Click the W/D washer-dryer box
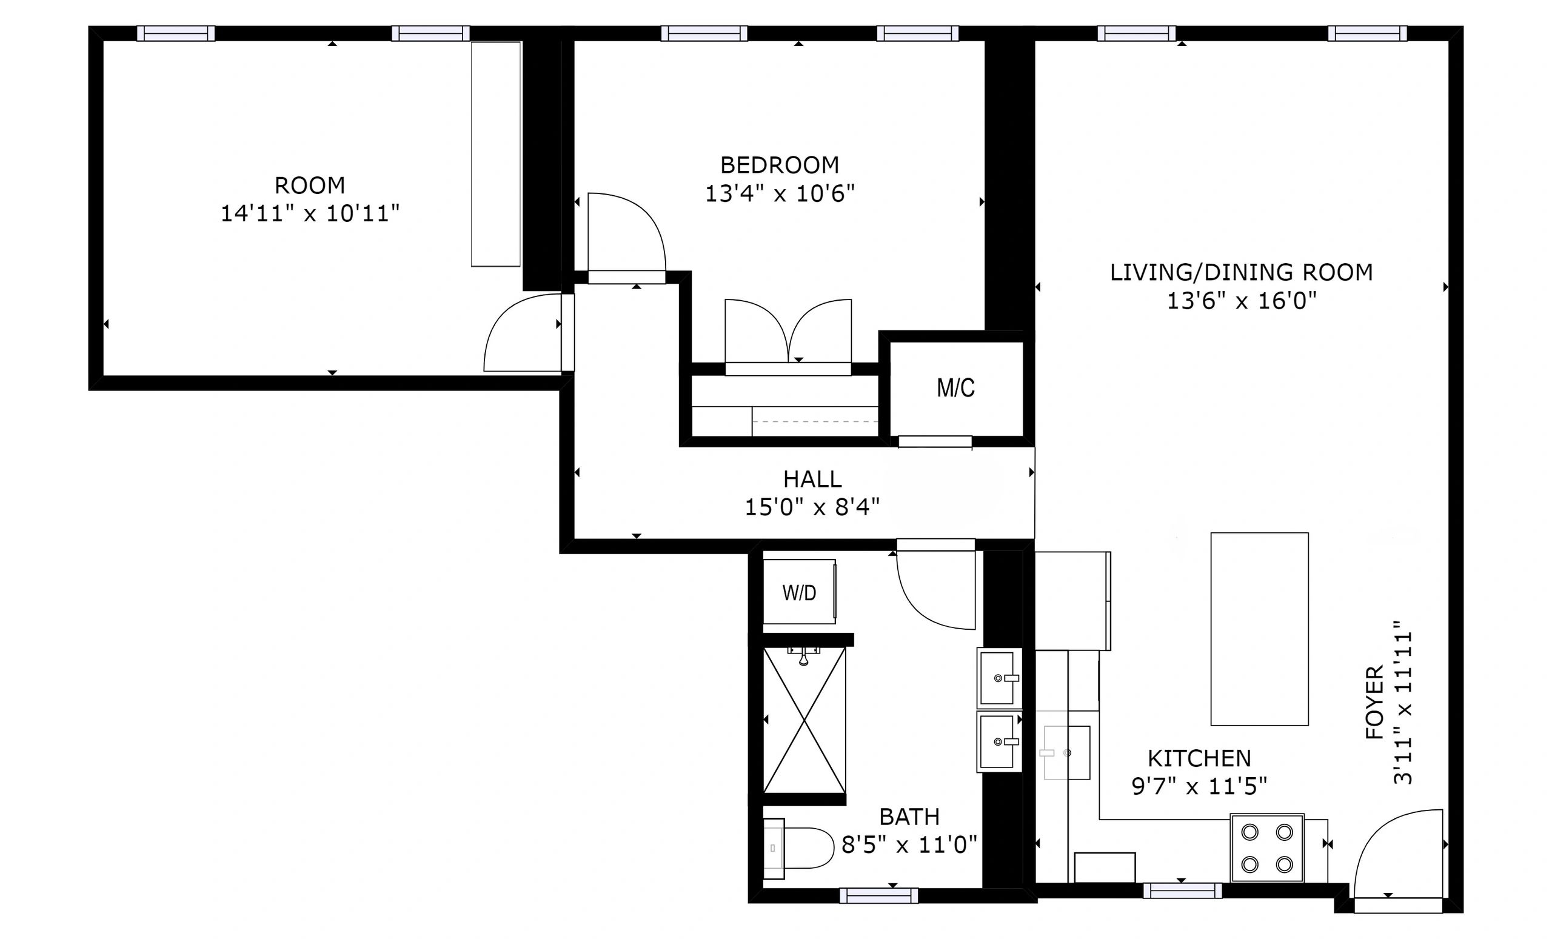click(799, 592)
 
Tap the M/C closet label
click(955, 388)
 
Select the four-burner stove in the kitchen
click(1267, 847)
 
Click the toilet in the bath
click(798, 848)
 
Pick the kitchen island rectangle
click(1260, 629)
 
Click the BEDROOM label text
click(780, 165)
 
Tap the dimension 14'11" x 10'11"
click(310, 213)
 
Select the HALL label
click(812, 480)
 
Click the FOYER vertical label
click(1374, 701)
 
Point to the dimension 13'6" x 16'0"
click(1242, 301)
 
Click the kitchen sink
click(1066, 752)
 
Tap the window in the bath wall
click(878, 895)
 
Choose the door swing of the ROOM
click(523, 333)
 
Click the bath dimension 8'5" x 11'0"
click(909, 844)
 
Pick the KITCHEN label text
click(1199, 758)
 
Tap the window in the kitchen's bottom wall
click(1182, 891)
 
